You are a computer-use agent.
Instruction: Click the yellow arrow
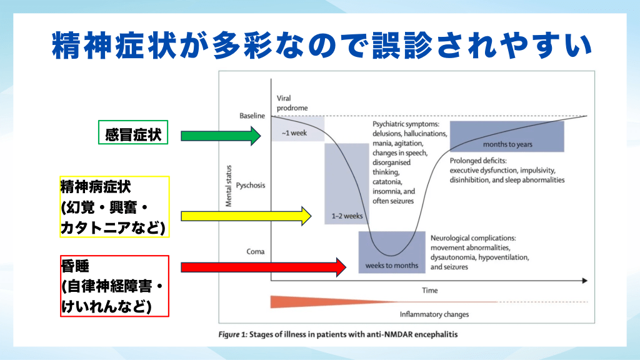tap(245, 216)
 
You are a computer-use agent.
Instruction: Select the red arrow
tap(262, 267)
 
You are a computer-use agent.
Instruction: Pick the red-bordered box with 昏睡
tap(114, 287)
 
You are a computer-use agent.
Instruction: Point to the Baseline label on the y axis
tap(252, 116)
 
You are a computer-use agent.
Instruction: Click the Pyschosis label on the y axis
tap(251, 185)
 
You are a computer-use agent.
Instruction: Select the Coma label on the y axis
tap(256, 252)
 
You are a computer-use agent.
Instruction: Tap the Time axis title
tap(429, 291)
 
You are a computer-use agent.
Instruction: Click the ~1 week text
tap(294, 133)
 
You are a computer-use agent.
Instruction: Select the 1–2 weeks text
tap(347, 216)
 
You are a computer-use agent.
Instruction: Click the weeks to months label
tap(392, 266)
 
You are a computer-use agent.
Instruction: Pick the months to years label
tap(507, 144)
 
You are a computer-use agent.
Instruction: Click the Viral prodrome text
tap(292, 103)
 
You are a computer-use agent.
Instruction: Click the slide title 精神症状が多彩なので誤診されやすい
tap(320, 45)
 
